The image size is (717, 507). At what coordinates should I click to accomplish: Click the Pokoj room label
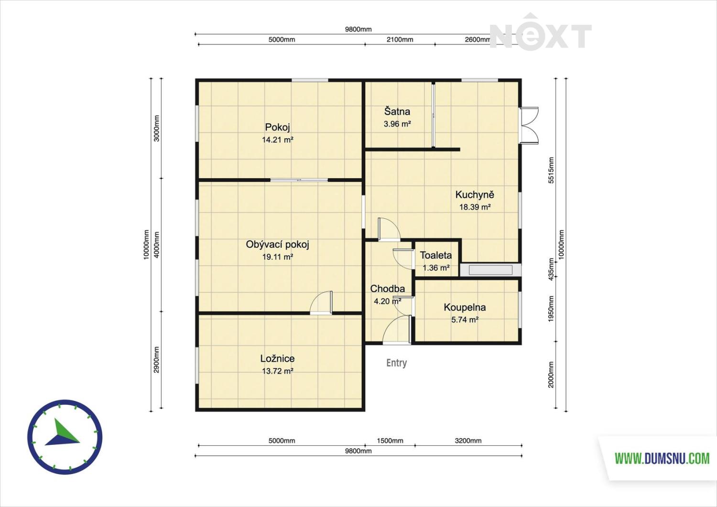tap(278, 128)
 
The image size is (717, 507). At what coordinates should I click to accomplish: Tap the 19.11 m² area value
tap(278, 257)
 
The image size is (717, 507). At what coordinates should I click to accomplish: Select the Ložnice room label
tap(278, 358)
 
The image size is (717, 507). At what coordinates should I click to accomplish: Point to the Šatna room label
tap(397, 111)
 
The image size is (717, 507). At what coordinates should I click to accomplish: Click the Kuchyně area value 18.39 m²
tap(475, 207)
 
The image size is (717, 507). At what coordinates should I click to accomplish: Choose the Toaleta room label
tap(435, 256)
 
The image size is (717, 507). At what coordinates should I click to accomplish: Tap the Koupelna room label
tap(465, 308)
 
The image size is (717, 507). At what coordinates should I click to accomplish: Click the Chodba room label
tap(387, 289)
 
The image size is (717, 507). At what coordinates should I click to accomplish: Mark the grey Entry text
tap(397, 363)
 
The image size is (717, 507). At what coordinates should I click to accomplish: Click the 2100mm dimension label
tap(400, 40)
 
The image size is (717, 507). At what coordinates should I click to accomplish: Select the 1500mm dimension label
tap(390, 441)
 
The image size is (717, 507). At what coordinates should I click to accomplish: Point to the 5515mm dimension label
tap(551, 170)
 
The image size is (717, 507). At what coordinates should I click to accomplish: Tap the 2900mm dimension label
tap(156, 359)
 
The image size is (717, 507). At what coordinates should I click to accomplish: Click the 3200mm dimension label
tap(468, 441)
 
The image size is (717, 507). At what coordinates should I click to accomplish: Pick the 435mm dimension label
tap(551, 269)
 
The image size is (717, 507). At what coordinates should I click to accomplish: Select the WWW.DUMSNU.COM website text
tap(662, 459)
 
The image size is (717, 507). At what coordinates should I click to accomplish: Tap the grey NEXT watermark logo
tap(540, 32)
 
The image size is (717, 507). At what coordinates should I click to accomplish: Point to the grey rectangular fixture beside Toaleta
tap(491, 270)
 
